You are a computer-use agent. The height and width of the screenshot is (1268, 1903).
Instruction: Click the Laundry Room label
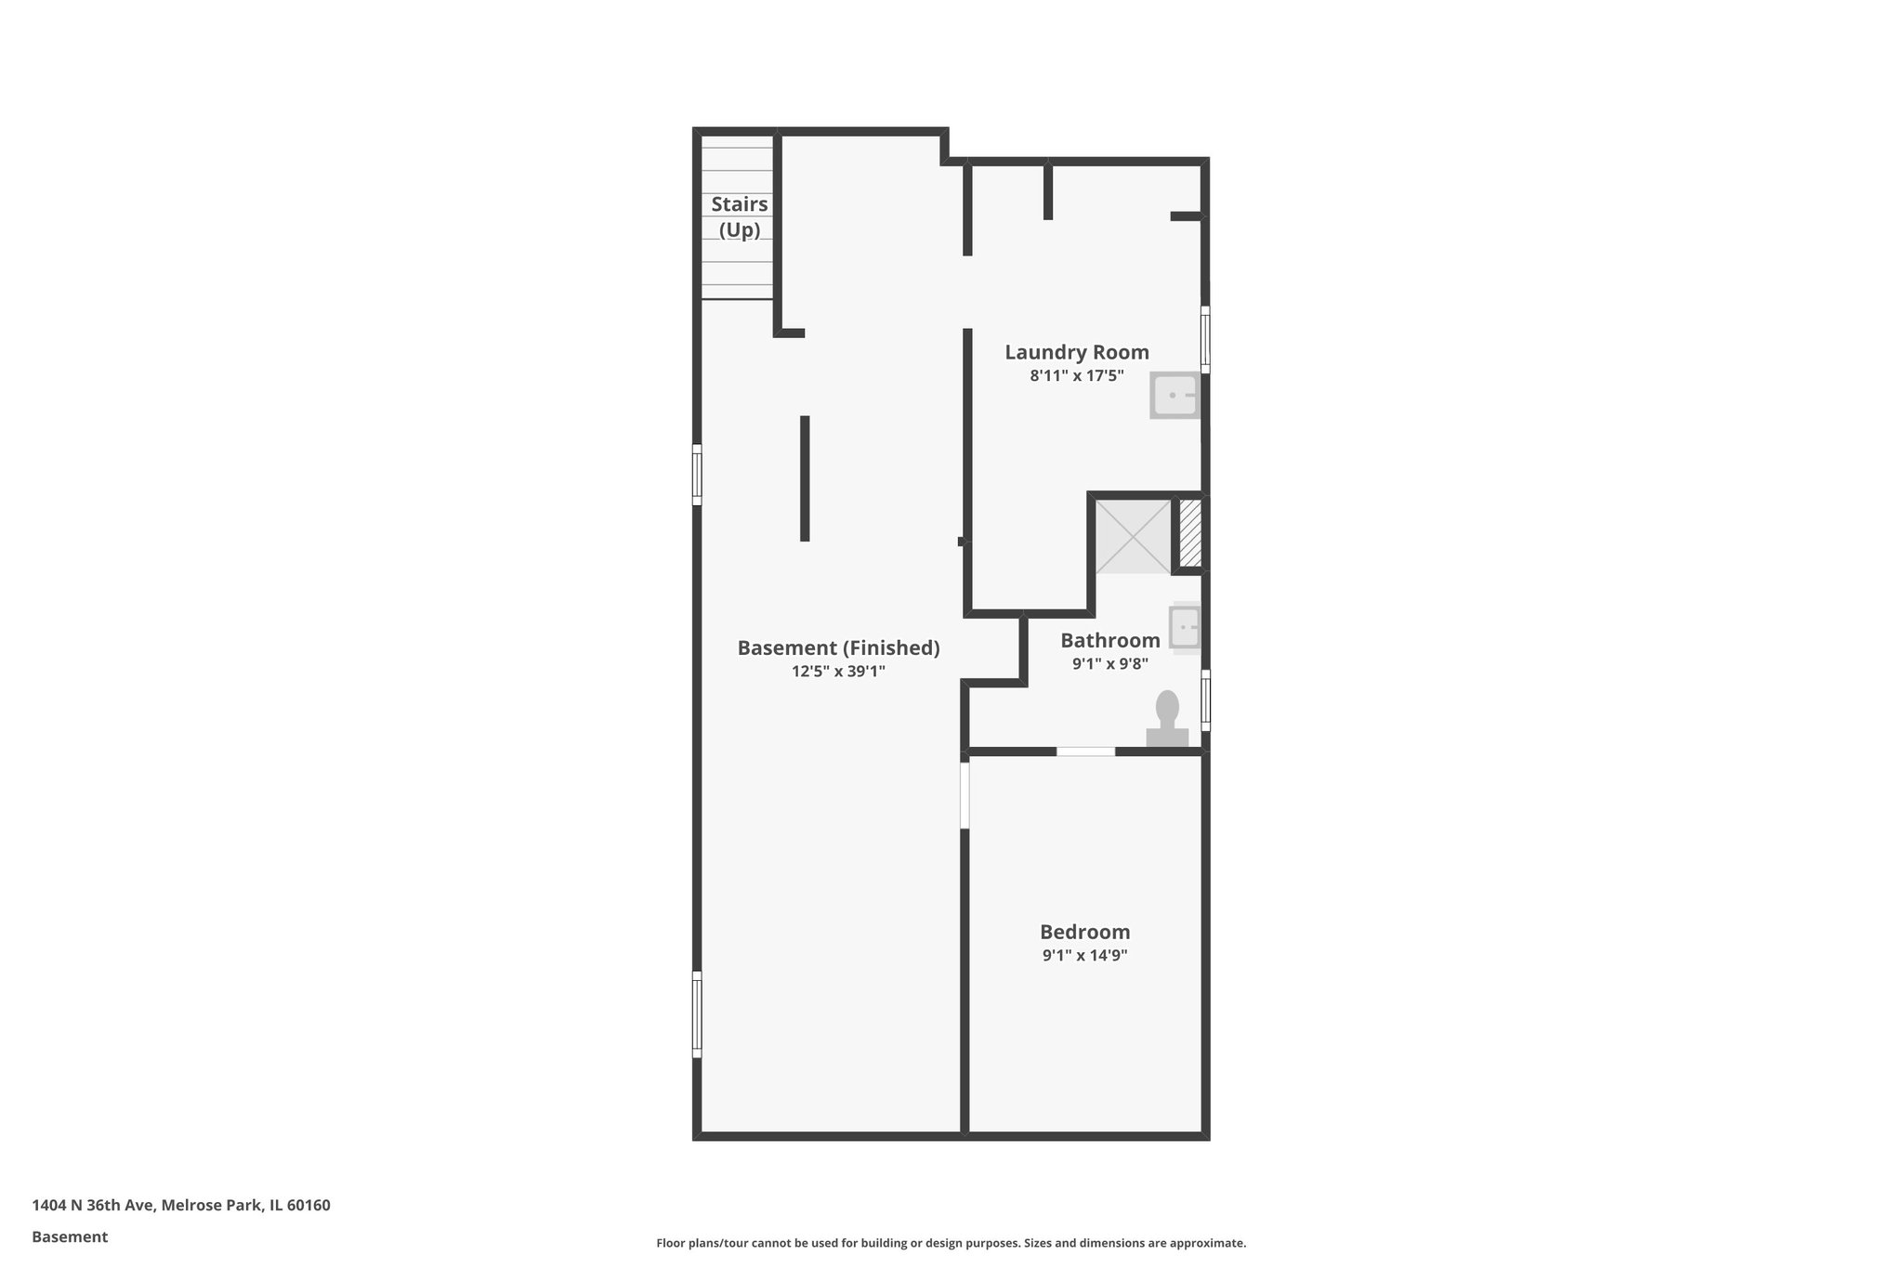coord(1076,352)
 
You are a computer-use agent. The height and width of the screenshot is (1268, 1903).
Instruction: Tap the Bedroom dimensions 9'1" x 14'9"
coord(1084,956)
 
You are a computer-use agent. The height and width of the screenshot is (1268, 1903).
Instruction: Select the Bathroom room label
coord(1109,640)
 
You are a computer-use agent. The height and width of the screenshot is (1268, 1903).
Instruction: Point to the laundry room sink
coord(1175,396)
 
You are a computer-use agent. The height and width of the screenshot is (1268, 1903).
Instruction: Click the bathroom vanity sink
coord(1185,627)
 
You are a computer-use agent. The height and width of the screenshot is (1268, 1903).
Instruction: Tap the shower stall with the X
coord(1133,537)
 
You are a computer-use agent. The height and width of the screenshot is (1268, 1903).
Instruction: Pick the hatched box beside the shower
coord(1190,533)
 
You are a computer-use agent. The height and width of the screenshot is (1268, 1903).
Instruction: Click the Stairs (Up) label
coord(740,216)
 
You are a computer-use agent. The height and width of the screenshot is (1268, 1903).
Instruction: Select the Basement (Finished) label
coord(838,647)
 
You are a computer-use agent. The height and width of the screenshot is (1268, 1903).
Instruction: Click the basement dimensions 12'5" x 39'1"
coord(838,672)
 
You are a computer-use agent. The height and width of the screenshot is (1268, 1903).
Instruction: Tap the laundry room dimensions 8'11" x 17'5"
coord(1076,376)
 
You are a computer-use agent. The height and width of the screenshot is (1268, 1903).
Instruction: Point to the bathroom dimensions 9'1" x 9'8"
coord(1109,664)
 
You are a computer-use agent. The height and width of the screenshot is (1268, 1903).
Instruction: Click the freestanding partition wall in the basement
coord(805,478)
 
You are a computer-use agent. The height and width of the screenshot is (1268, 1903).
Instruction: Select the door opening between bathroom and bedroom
coord(1085,751)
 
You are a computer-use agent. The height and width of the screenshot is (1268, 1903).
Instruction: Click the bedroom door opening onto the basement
coord(965,795)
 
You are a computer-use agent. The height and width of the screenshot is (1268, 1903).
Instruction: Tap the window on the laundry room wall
coord(1205,340)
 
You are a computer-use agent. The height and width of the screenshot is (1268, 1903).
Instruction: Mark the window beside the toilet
coord(1205,699)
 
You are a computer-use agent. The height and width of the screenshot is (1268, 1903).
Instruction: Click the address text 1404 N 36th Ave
coord(181,1206)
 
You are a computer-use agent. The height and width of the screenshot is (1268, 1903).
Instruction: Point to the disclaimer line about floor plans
coord(951,1243)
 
